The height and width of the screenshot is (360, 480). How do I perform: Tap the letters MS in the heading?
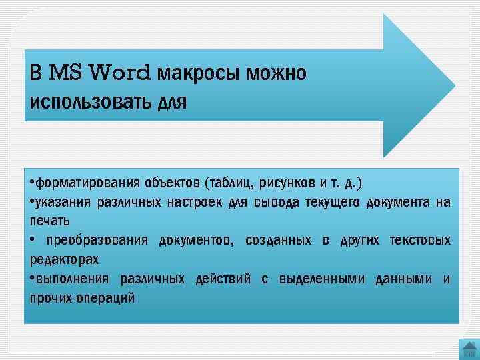67,72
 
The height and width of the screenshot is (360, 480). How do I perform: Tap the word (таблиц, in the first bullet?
230,182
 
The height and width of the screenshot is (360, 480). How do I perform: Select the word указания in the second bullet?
60,201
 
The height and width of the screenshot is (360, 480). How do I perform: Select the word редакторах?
64,258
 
